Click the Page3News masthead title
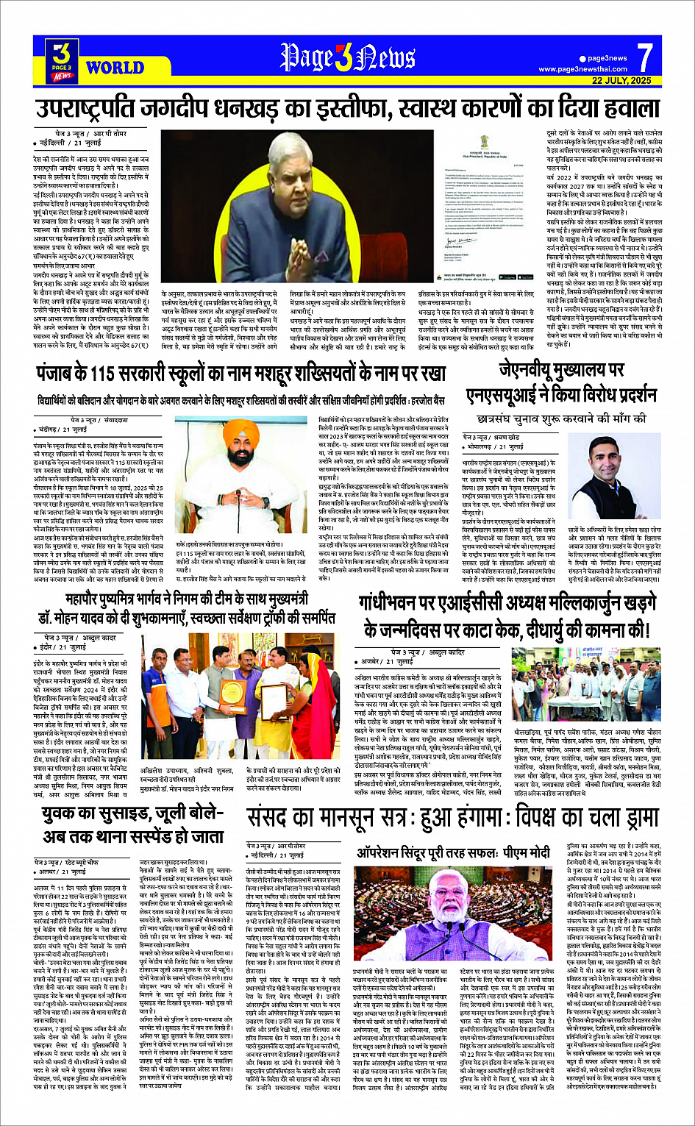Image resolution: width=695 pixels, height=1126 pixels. [x=347, y=57]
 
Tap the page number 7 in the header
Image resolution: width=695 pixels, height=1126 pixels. [x=644, y=57]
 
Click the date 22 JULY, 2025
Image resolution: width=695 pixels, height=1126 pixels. [x=621, y=80]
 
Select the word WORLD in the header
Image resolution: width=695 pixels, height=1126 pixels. [x=114, y=68]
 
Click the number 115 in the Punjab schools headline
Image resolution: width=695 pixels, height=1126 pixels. [x=128, y=374]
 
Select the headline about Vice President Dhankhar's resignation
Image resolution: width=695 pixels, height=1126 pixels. [x=347, y=109]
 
